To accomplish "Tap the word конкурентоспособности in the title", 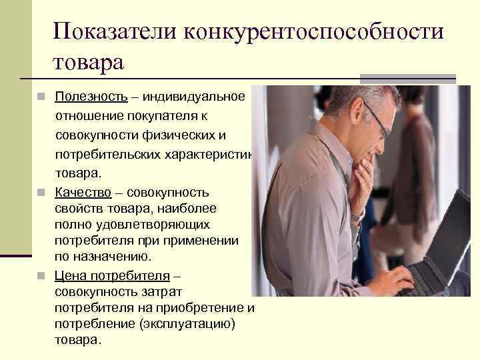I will point(319,31).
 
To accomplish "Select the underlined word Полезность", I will point(91,97).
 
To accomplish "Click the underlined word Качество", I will point(83,193).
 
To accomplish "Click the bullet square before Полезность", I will point(41,97).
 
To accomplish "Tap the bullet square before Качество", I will point(41,194).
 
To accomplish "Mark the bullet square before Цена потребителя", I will point(41,275).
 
